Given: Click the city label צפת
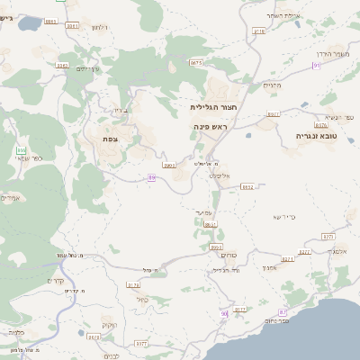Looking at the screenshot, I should pyautogui.click(x=111, y=138).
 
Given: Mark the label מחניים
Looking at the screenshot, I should pyautogui.click(x=272, y=85).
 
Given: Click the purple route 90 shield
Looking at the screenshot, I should pyautogui.click(x=223, y=313).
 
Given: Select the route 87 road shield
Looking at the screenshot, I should pyautogui.click(x=239, y=309).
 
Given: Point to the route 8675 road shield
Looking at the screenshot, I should pyautogui.click(x=197, y=62).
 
